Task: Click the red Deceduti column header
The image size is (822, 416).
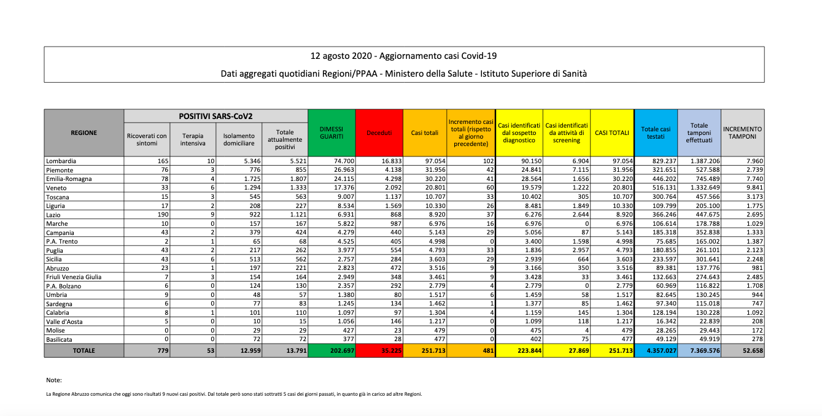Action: [x=379, y=133]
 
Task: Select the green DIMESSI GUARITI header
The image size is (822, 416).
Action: [x=331, y=133]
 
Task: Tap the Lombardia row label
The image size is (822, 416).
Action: [x=61, y=161]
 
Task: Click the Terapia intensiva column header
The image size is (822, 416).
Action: [x=193, y=139]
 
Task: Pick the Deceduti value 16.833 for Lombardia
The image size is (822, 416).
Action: [x=391, y=161]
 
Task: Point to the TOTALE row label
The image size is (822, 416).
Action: [x=83, y=350]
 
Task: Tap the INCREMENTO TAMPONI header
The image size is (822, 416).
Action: [x=742, y=133]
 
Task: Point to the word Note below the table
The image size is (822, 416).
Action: [x=54, y=380]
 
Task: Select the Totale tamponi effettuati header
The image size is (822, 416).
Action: [x=699, y=133]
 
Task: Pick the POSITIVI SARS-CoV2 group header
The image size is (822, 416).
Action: [x=215, y=116]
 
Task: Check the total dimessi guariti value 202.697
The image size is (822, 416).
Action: [x=339, y=350]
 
